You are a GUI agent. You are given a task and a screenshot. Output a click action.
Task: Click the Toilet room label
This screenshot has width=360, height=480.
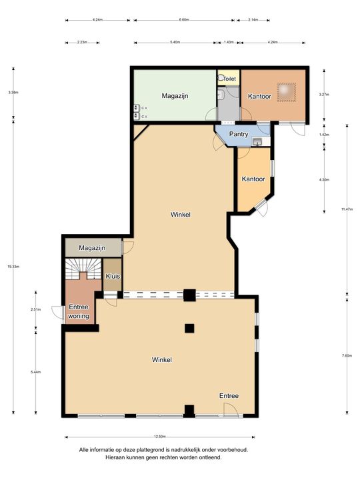click(229, 79)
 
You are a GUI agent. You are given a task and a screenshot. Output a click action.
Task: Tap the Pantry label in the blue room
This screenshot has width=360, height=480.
click(239, 134)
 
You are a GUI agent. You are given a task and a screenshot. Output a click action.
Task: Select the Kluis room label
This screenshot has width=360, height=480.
click(112, 275)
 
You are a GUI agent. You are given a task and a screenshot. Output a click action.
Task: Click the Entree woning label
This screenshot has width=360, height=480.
click(78, 311)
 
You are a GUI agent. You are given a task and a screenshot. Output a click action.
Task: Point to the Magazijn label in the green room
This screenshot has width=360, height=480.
click(175, 96)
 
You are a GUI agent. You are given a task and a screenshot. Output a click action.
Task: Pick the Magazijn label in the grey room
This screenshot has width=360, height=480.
click(92, 248)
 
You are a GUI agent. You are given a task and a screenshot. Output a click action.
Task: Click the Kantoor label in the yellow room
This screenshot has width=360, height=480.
click(253, 179)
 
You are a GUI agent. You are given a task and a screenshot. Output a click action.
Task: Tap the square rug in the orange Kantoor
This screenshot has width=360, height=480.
click(287, 91)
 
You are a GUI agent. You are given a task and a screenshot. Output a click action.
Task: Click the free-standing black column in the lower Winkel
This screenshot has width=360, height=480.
click(189, 327)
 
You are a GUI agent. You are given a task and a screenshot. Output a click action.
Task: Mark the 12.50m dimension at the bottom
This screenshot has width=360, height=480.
click(159, 437)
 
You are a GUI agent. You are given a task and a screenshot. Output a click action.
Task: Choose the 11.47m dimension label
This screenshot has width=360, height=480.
click(346, 209)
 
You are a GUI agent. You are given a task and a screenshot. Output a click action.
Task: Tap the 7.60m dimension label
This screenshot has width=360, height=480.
click(346, 355)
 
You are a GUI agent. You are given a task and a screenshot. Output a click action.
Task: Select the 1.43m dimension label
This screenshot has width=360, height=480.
click(228, 43)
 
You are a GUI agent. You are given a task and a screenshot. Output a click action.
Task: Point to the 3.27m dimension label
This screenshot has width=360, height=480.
click(324, 95)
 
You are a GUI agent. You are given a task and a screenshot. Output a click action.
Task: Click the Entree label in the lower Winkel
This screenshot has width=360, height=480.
click(229, 396)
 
